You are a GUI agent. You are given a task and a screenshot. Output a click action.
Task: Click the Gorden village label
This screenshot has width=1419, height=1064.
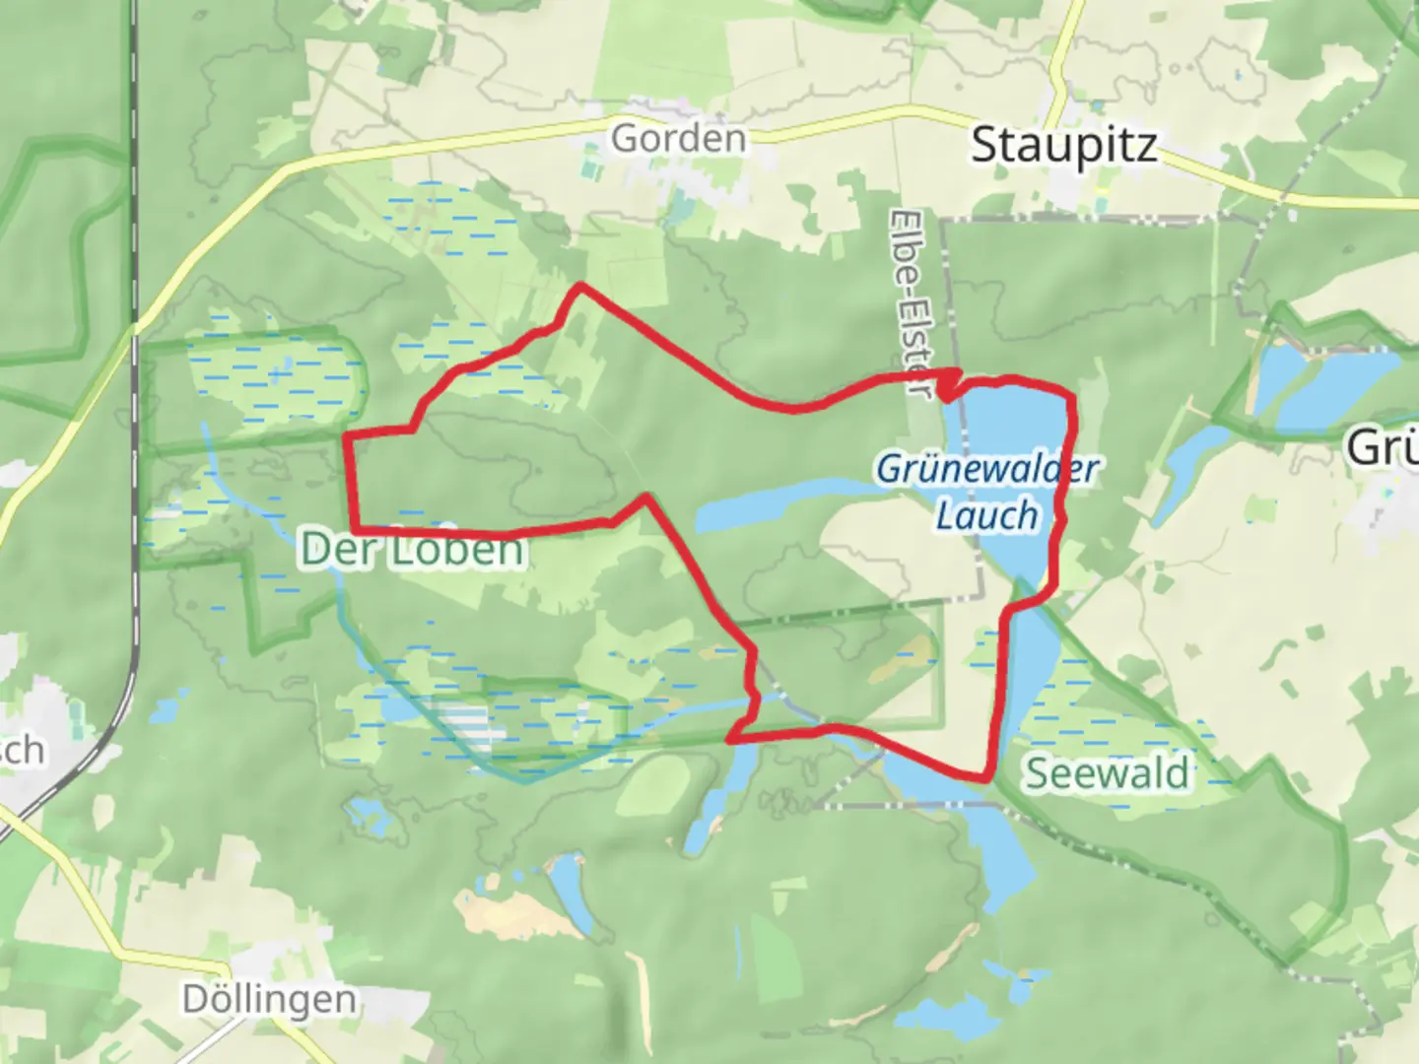678,138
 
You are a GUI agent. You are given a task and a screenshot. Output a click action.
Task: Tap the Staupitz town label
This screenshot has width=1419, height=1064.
1063,146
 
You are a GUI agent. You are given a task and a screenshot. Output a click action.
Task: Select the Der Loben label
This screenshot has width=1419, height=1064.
412,550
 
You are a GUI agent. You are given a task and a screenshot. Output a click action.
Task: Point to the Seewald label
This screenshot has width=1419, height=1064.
1108,773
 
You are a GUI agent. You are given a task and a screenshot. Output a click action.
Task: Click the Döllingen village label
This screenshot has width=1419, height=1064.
269,1000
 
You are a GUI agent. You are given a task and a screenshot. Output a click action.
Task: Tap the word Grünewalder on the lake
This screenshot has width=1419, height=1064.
985,469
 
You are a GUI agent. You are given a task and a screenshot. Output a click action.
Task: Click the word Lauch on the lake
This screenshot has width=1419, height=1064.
986,515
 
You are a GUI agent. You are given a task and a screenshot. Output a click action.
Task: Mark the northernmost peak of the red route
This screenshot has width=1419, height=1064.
581,286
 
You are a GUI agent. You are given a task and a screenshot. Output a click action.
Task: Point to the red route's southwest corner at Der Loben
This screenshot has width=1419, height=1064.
353,530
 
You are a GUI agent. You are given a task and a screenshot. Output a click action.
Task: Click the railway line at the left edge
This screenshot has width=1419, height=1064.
132,296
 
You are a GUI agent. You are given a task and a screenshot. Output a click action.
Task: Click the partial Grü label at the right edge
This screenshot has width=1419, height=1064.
1383,448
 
